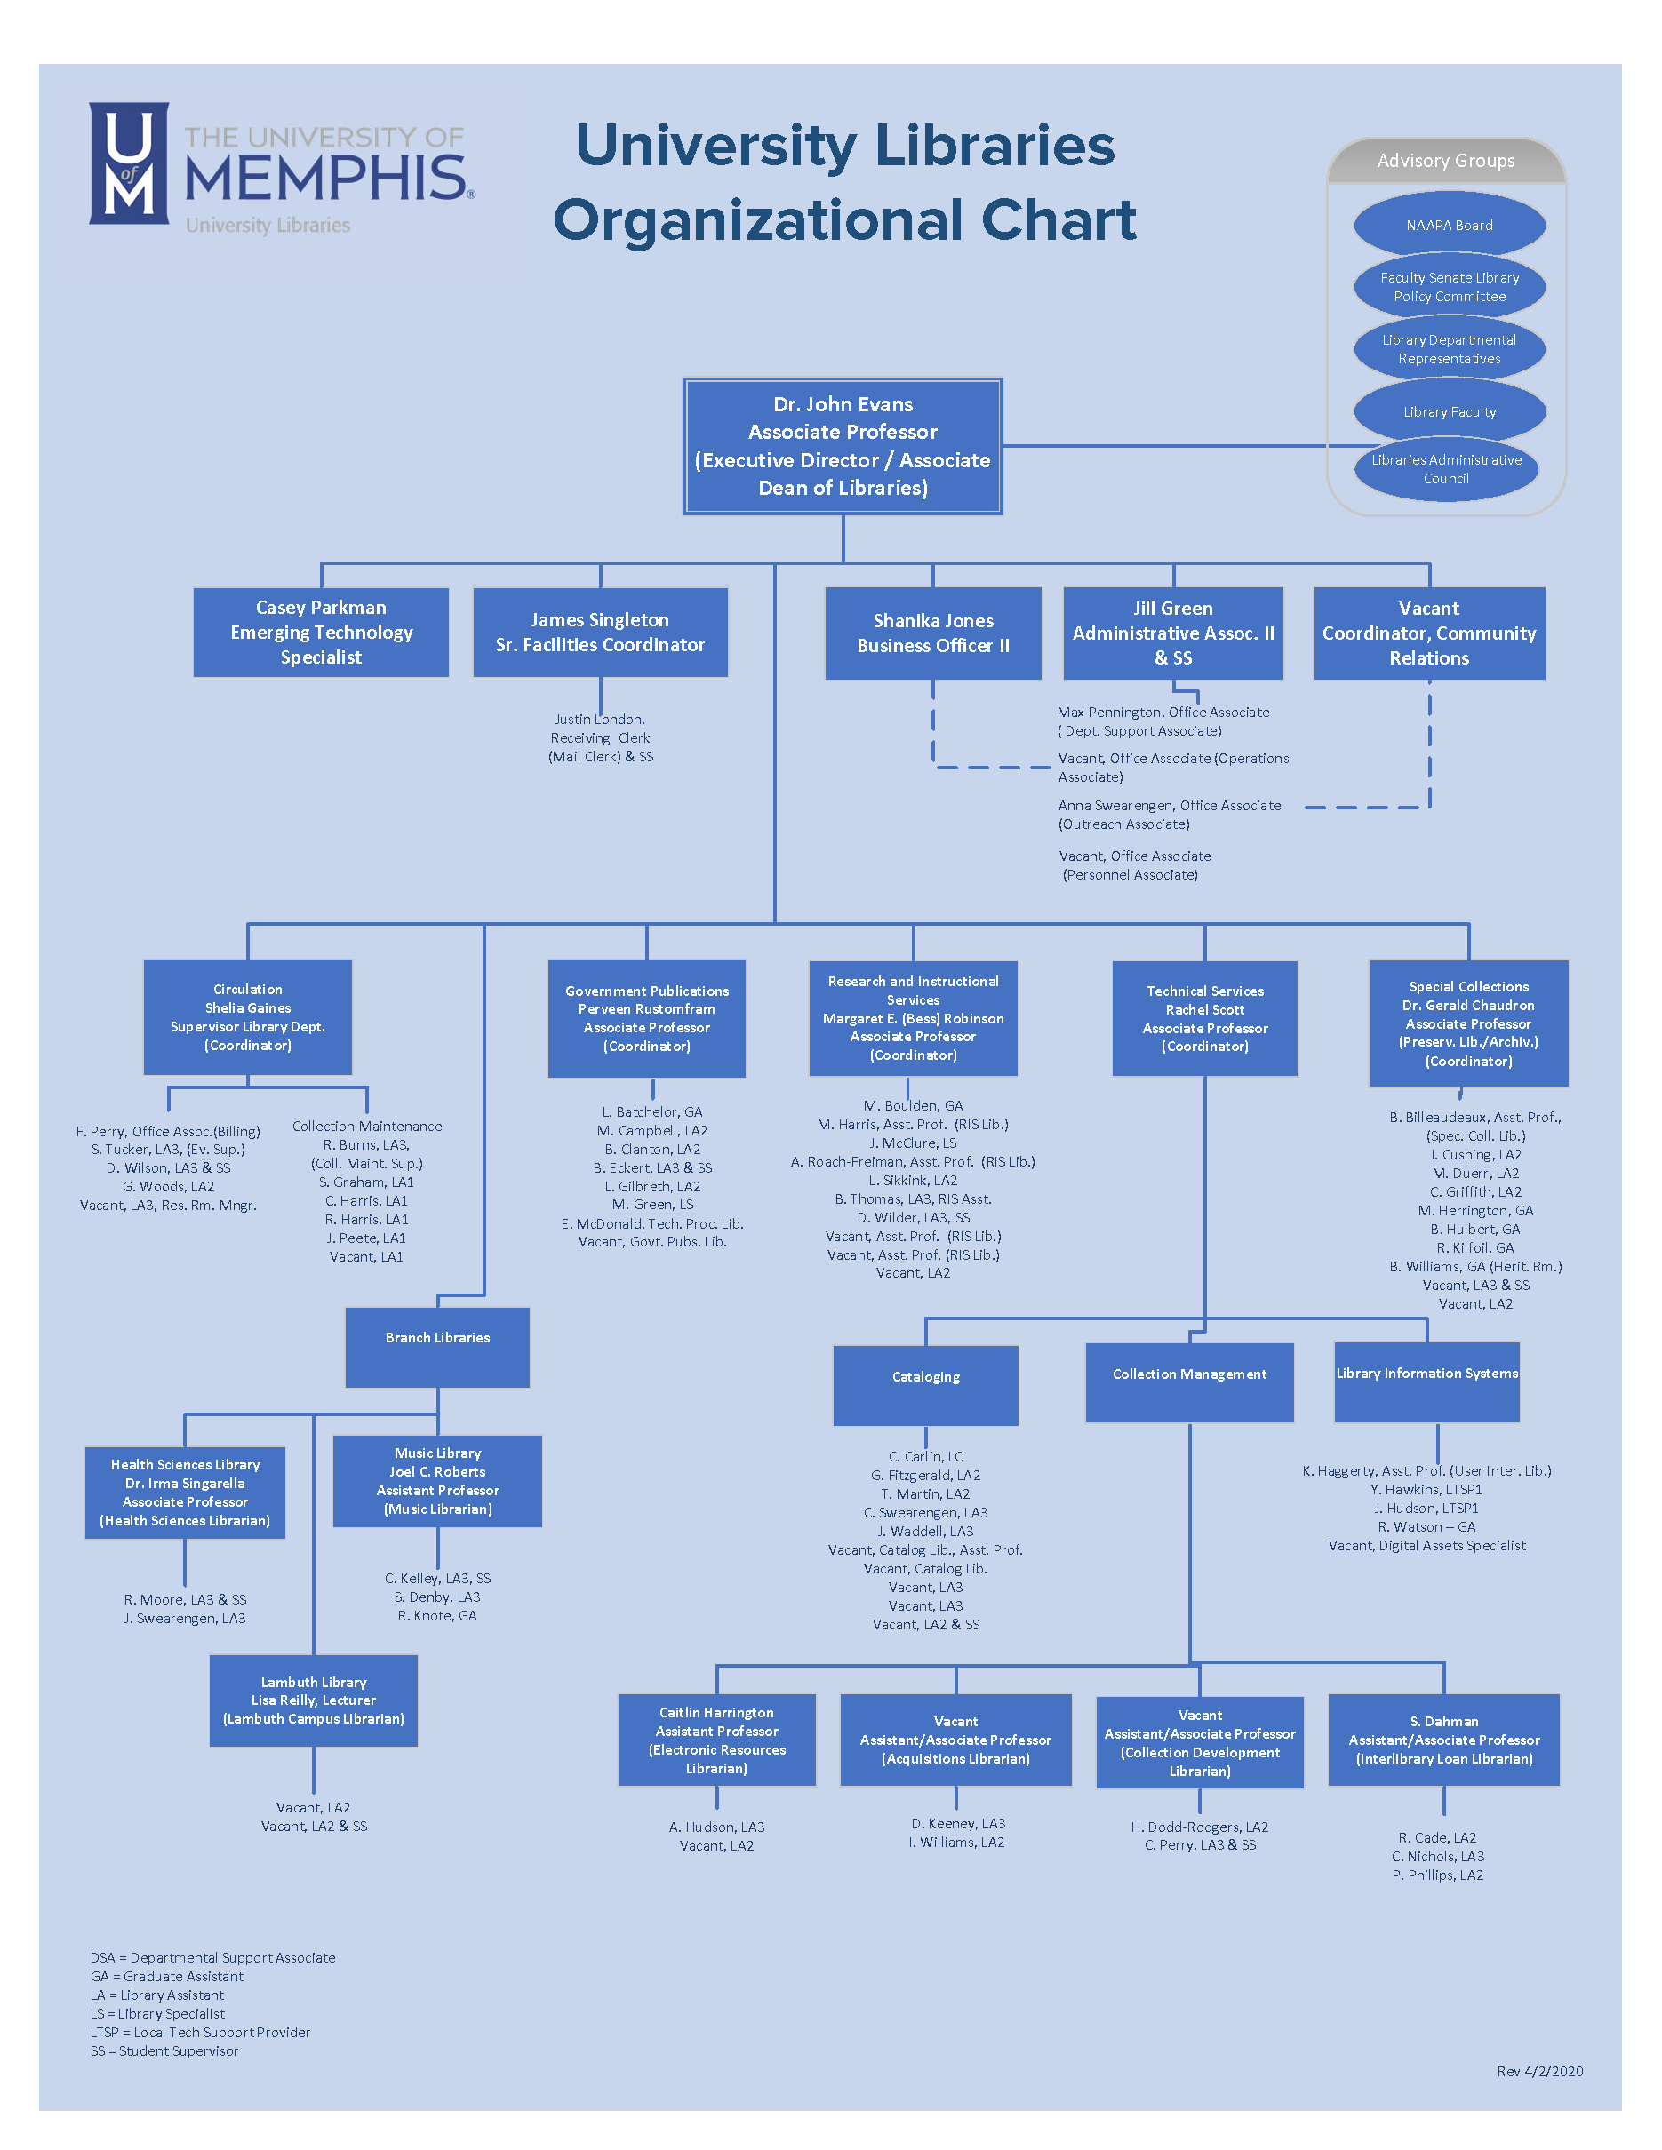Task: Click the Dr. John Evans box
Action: tap(842, 446)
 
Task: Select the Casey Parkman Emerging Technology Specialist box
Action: tap(321, 632)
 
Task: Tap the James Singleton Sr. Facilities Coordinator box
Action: tap(600, 632)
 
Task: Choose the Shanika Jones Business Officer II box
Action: tap(932, 633)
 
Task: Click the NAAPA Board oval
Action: tap(1449, 226)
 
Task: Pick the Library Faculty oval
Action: tap(1449, 411)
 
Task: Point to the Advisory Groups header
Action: tap(1445, 161)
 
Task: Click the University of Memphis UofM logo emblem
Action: tap(129, 163)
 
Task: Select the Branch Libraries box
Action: tap(437, 1347)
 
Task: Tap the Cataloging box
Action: tap(925, 1384)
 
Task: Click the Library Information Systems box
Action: tap(1426, 1382)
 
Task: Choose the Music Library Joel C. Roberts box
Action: tap(437, 1481)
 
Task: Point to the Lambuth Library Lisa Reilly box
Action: tap(313, 1700)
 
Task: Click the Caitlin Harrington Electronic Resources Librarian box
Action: tap(716, 1740)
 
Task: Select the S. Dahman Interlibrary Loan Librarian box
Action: tap(1443, 1740)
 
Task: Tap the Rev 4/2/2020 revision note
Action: tap(1540, 2070)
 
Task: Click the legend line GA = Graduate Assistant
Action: tap(166, 1976)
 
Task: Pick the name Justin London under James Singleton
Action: tap(599, 720)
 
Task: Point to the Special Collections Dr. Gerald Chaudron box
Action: tap(1468, 1023)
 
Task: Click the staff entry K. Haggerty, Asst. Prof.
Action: tap(1426, 1470)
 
